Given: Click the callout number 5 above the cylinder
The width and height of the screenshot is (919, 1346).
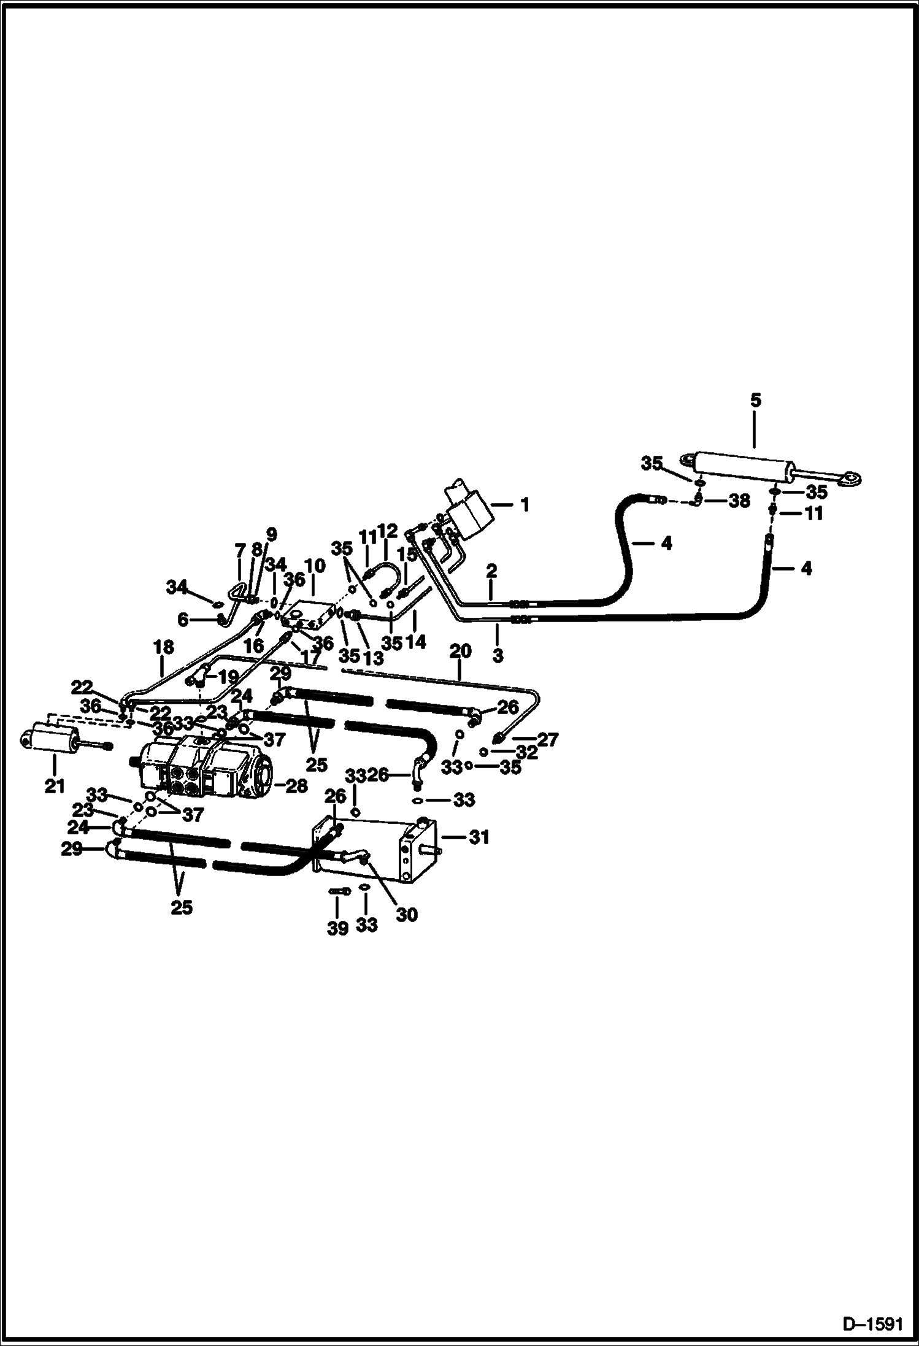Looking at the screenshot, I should pos(755,401).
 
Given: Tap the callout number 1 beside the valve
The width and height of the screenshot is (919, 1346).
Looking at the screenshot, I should pos(525,504).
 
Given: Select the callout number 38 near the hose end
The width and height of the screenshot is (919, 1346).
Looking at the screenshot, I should pos(739,501).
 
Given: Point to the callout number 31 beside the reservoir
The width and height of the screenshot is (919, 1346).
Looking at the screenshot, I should pos(479,837).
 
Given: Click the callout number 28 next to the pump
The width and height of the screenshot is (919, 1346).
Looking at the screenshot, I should pos(296,786).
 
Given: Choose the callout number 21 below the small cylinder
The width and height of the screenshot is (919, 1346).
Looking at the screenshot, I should pos(55,786).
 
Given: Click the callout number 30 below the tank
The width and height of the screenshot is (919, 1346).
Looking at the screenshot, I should pos(407,915).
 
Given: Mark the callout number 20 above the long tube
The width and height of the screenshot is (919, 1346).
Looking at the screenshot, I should pos(461,651).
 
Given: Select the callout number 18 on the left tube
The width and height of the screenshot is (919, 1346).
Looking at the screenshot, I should pos(164,647).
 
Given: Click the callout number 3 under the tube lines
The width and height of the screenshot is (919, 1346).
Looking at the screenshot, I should pos(498,655).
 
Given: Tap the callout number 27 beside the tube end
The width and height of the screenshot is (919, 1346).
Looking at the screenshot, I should pos(547,740).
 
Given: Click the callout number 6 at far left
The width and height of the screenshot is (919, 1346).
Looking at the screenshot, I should pos(183,620).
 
